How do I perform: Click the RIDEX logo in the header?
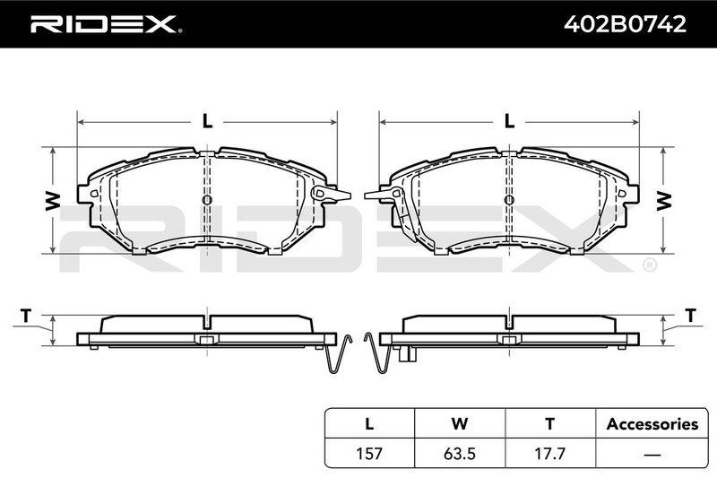pos(106,24)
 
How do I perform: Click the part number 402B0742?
pos(625,24)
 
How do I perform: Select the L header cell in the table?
pos(369,423)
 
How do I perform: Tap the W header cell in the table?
pos(460,423)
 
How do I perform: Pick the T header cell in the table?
pos(550,423)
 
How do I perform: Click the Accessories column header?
pos(652,424)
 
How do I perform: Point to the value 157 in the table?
pos(369,453)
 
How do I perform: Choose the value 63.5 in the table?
pos(460,453)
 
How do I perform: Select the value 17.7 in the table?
pos(550,453)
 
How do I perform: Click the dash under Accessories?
pos(652,454)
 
